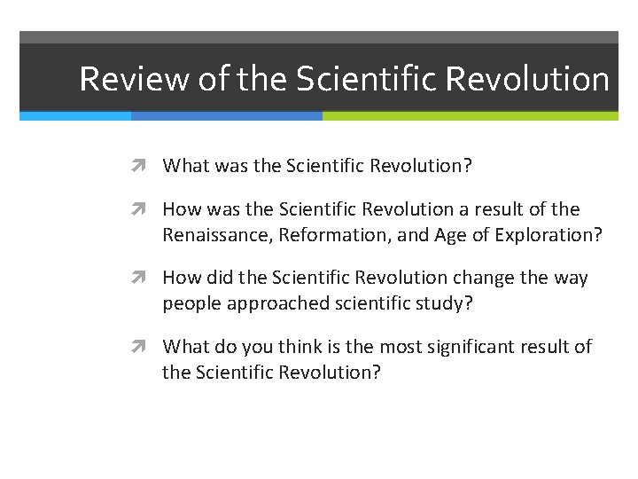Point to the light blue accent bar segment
75,115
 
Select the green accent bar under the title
470,115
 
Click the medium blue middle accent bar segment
226,115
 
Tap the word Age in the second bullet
452,234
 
